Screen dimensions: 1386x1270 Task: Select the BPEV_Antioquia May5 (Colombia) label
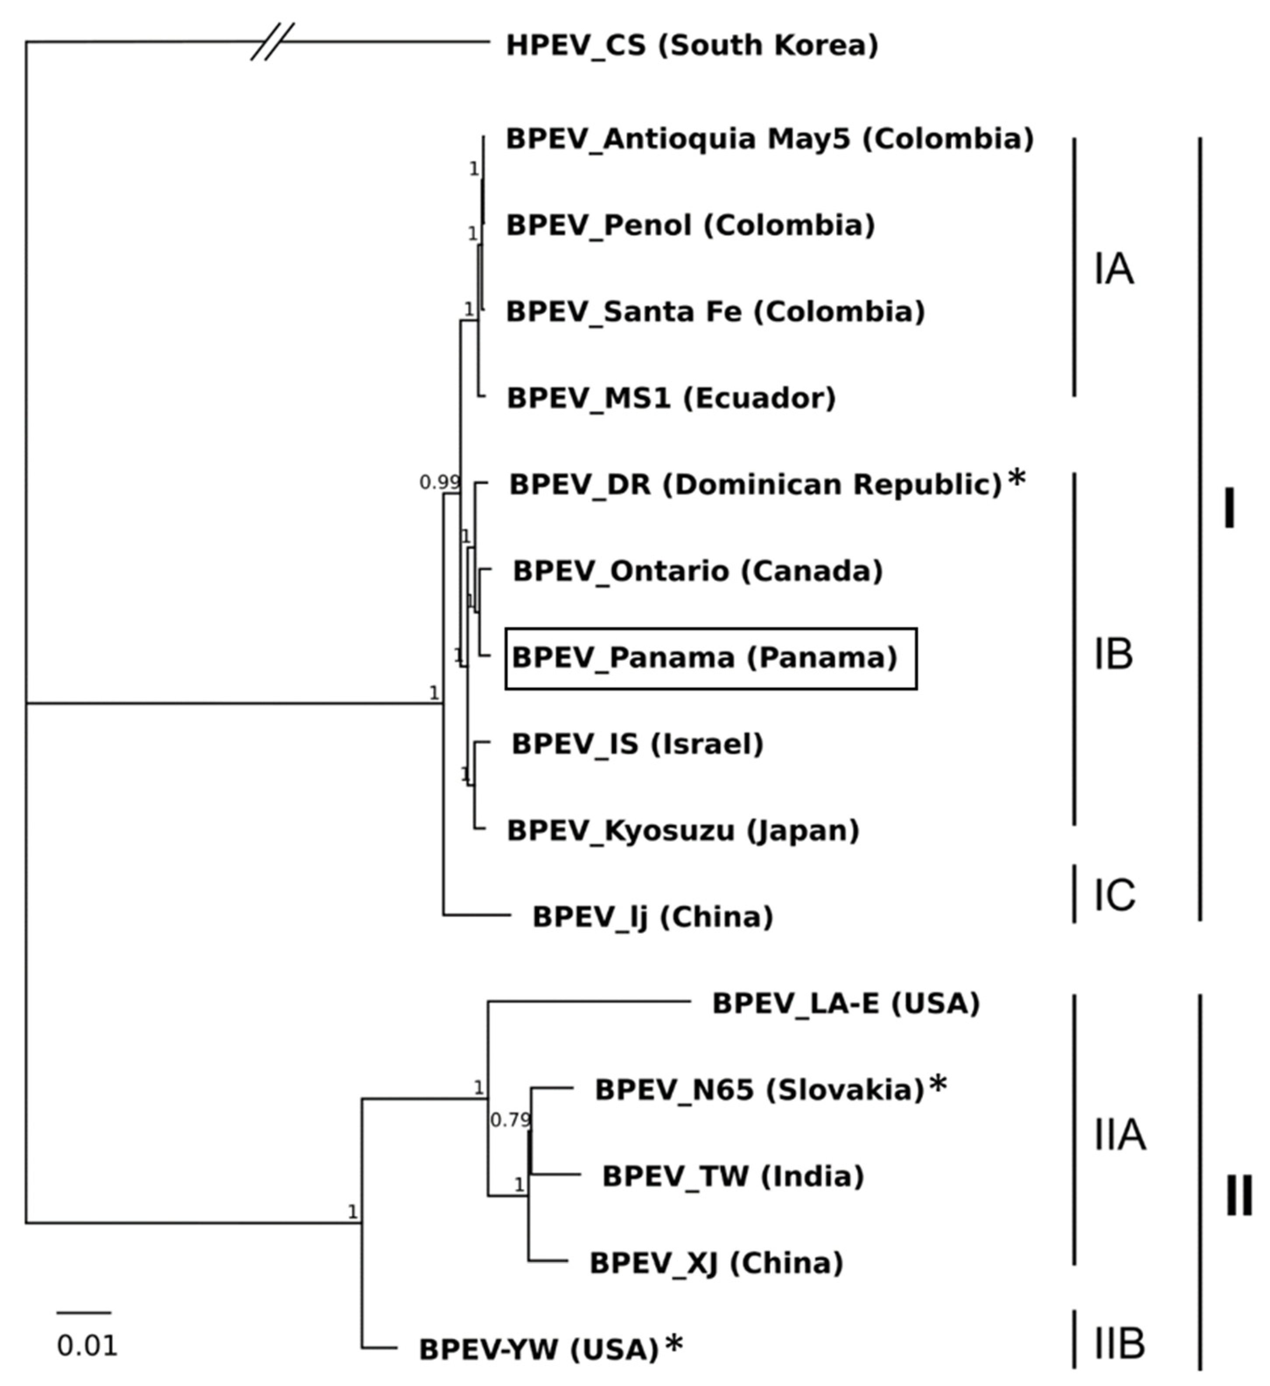point(770,139)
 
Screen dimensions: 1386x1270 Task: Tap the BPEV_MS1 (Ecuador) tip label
point(671,398)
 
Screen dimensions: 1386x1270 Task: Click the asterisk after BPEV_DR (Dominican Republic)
point(1017,479)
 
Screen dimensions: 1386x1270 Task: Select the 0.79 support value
point(510,1121)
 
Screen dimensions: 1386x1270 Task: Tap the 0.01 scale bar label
point(87,1346)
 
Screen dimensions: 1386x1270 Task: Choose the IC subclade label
point(1114,895)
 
